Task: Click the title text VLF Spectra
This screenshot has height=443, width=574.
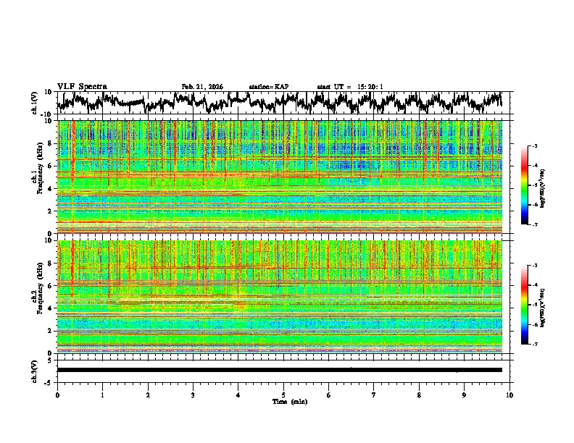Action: [x=82, y=87]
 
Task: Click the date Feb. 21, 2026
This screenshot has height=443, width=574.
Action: [x=202, y=87]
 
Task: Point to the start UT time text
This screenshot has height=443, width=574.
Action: [x=349, y=87]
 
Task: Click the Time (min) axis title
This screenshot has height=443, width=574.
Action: [x=289, y=402]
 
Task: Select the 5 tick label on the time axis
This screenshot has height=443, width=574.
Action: [x=283, y=395]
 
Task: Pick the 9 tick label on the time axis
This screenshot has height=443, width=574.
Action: [x=465, y=395]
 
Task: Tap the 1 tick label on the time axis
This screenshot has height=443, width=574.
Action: [x=102, y=395]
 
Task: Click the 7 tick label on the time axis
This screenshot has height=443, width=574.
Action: [x=374, y=395]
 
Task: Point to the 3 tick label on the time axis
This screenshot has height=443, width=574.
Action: [x=193, y=395]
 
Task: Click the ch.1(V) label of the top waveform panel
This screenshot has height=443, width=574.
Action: [x=35, y=103]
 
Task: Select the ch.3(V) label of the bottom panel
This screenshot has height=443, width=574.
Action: [x=35, y=370]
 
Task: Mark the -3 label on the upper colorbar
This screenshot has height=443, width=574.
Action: [x=534, y=147]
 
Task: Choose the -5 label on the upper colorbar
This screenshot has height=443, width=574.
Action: [x=534, y=186]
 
